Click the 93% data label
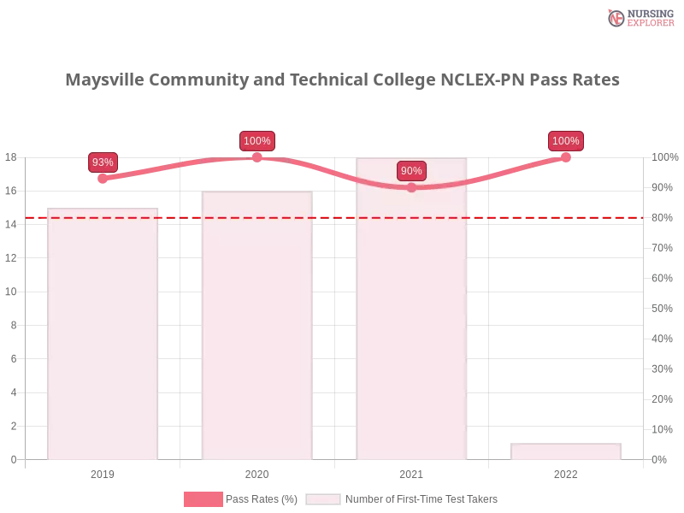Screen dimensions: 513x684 point(103,162)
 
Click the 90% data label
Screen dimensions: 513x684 point(411,171)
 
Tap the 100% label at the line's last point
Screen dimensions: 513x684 point(566,141)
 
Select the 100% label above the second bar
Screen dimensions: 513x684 point(257,141)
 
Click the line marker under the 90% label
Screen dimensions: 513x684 point(411,187)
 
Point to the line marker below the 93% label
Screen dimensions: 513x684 point(103,179)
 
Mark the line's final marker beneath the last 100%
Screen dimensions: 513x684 point(566,156)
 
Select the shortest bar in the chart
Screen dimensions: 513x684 point(564,451)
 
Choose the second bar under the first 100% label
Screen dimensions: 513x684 point(256,325)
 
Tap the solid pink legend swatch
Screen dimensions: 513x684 point(203,499)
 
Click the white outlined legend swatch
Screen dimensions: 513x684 point(323,499)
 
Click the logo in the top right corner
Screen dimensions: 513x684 point(640,17)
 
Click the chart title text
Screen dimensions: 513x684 point(342,80)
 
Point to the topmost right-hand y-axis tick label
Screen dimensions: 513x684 point(663,157)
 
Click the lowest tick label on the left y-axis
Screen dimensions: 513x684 point(12,459)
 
